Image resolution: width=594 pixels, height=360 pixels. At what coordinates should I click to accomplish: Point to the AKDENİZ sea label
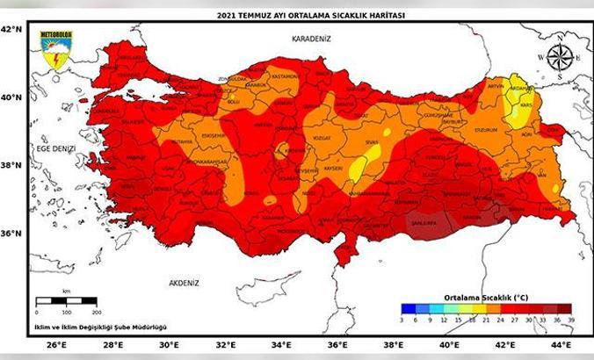click(185, 283)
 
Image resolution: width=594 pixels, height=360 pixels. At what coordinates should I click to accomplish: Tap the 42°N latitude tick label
click(11, 29)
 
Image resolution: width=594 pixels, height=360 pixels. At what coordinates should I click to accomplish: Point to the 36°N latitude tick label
click(11, 234)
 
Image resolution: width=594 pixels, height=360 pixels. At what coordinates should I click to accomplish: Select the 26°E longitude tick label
click(57, 345)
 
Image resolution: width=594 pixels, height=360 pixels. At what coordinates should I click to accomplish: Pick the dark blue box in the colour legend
click(408, 307)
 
